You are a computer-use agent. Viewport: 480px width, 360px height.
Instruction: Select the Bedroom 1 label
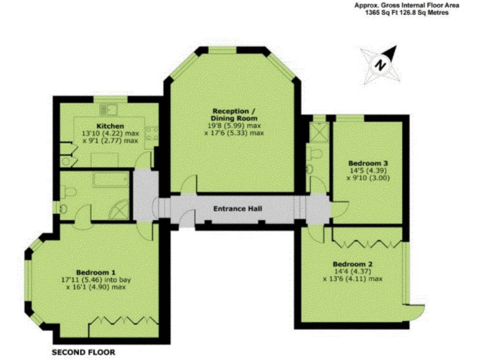(96, 272)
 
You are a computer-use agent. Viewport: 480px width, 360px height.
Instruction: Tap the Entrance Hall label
(237, 208)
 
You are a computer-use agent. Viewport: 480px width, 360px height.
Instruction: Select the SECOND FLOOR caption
(83, 352)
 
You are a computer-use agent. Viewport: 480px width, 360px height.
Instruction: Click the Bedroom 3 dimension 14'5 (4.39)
(366, 168)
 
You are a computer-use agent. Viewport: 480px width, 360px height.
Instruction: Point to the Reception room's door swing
(188, 185)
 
